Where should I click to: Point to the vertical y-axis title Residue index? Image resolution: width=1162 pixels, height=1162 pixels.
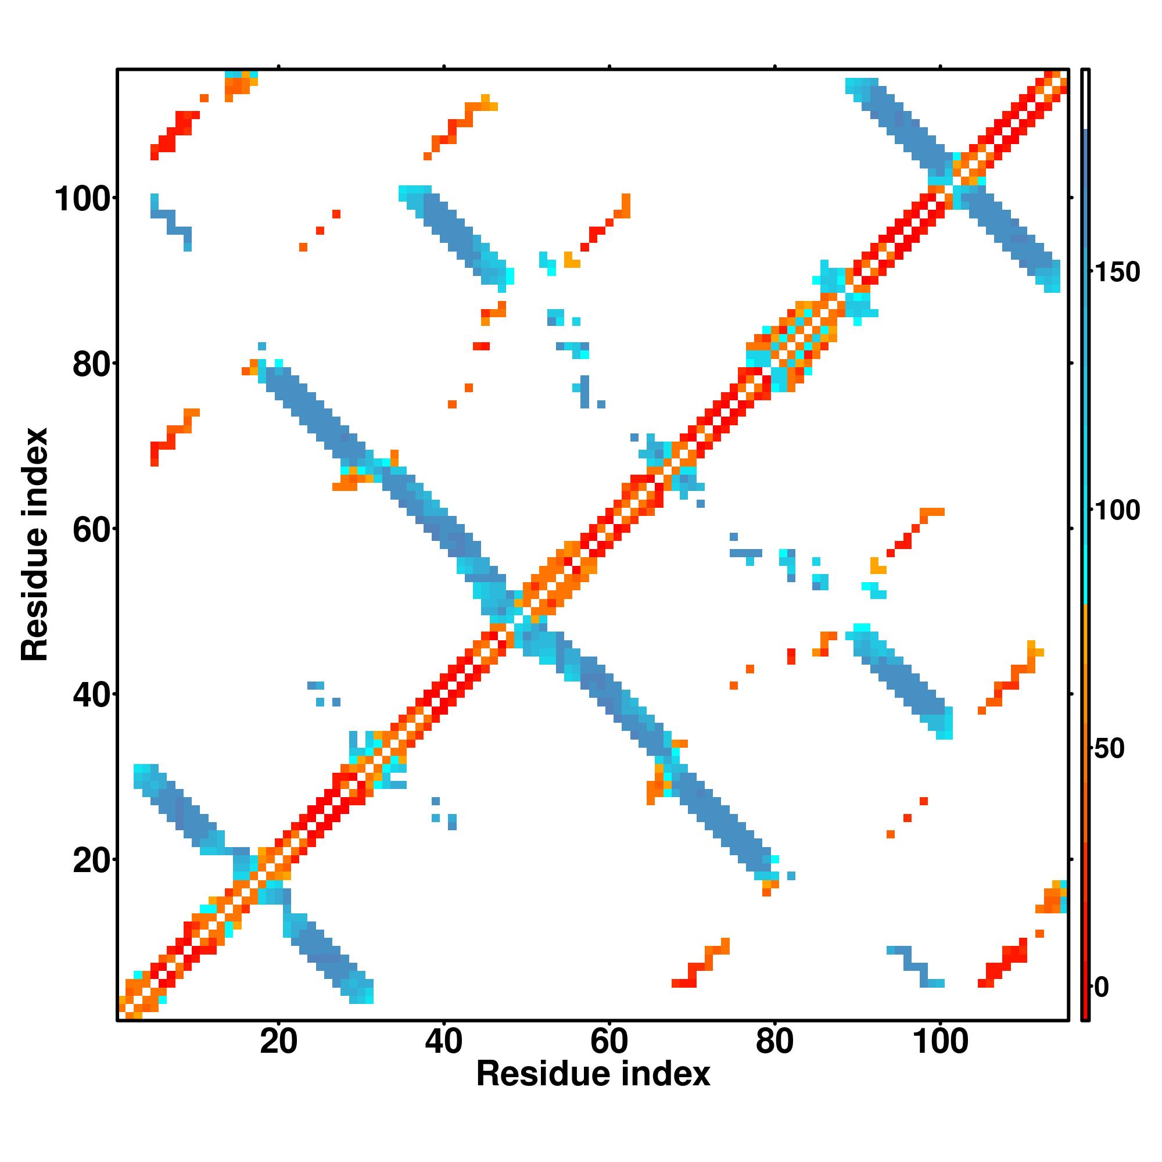point(34,545)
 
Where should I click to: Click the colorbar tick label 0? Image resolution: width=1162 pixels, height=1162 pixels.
point(1101,987)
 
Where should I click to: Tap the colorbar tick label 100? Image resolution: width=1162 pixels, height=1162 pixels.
point(1116,511)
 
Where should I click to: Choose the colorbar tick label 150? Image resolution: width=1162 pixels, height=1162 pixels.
point(1116,272)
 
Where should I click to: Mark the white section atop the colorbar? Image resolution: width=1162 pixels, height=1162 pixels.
point(1086,99)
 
